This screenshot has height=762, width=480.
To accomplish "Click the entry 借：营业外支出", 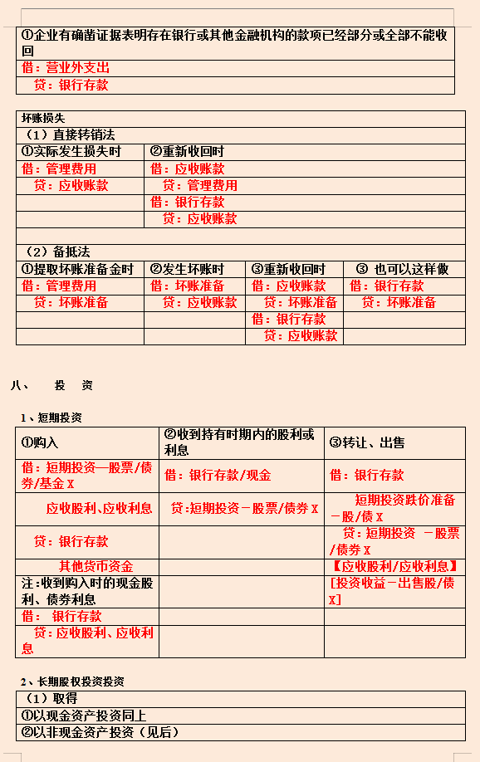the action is coord(66,67).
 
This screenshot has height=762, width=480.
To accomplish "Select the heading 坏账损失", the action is coord(43,118).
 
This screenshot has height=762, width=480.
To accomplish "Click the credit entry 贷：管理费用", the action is coord(199,185).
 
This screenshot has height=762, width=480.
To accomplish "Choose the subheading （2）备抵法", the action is coord(57,252).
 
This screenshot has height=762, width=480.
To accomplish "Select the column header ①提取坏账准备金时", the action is coord(77,269).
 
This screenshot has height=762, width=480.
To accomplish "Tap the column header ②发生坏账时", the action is coord(187,269).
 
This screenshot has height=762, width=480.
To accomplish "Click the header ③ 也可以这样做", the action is coord(402,269).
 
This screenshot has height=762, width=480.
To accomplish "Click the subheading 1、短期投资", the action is coord(51,418).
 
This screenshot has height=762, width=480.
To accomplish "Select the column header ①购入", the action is coord(40,443).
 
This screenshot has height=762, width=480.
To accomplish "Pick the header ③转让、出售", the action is coord(367,443).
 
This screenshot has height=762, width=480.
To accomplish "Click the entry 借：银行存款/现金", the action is coord(218,476).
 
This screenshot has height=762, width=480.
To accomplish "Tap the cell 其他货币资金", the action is coord(96,566).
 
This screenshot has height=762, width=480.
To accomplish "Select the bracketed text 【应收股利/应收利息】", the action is coord(394,566).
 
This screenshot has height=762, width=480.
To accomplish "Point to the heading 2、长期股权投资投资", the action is coord(72,681).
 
